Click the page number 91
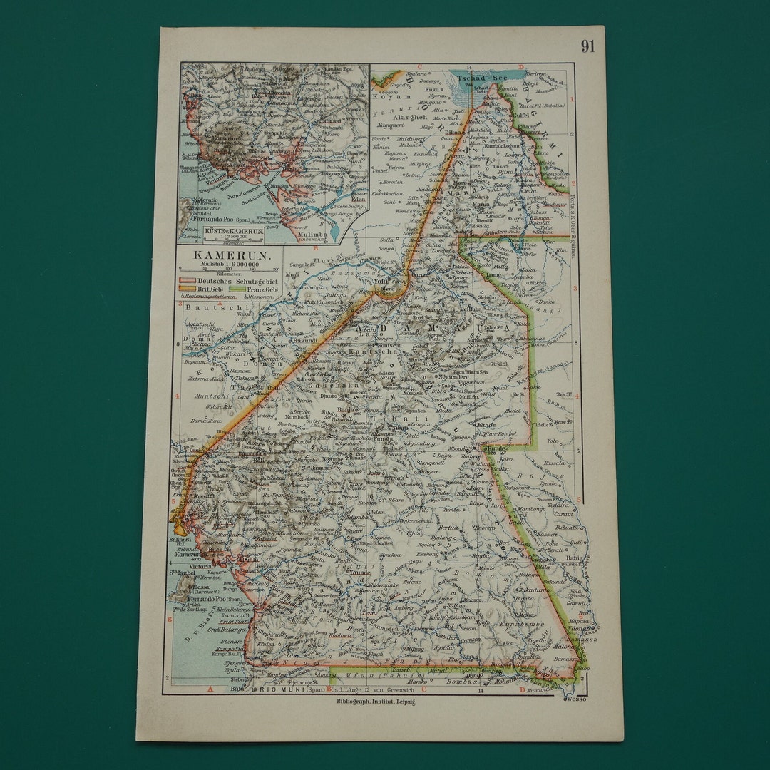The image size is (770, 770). click(587, 47)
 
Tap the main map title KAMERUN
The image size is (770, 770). click(220, 255)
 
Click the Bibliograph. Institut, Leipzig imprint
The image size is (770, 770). click(376, 702)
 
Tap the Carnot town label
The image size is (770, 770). click(565, 513)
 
